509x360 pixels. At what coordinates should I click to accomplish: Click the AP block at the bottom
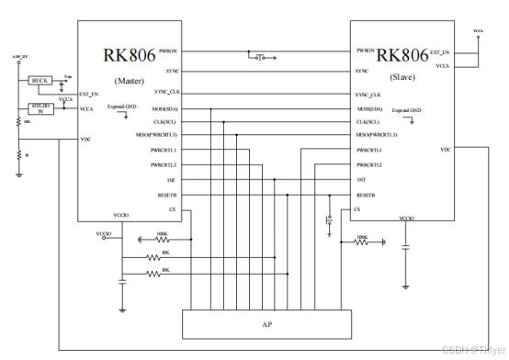(267, 324)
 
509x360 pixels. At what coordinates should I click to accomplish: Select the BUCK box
(40, 81)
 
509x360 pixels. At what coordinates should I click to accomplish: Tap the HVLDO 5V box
(40, 109)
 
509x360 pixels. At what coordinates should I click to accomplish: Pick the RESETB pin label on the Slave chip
(366, 195)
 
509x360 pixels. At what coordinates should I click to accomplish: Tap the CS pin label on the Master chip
(172, 209)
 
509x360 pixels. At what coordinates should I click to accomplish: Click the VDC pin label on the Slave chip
(446, 149)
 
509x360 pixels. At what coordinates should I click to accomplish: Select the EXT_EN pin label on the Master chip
(89, 94)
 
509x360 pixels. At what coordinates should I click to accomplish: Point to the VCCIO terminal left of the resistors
(104, 236)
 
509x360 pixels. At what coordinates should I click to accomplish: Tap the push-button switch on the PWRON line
(262, 58)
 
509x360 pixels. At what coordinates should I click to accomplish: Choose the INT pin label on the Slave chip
(361, 180)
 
